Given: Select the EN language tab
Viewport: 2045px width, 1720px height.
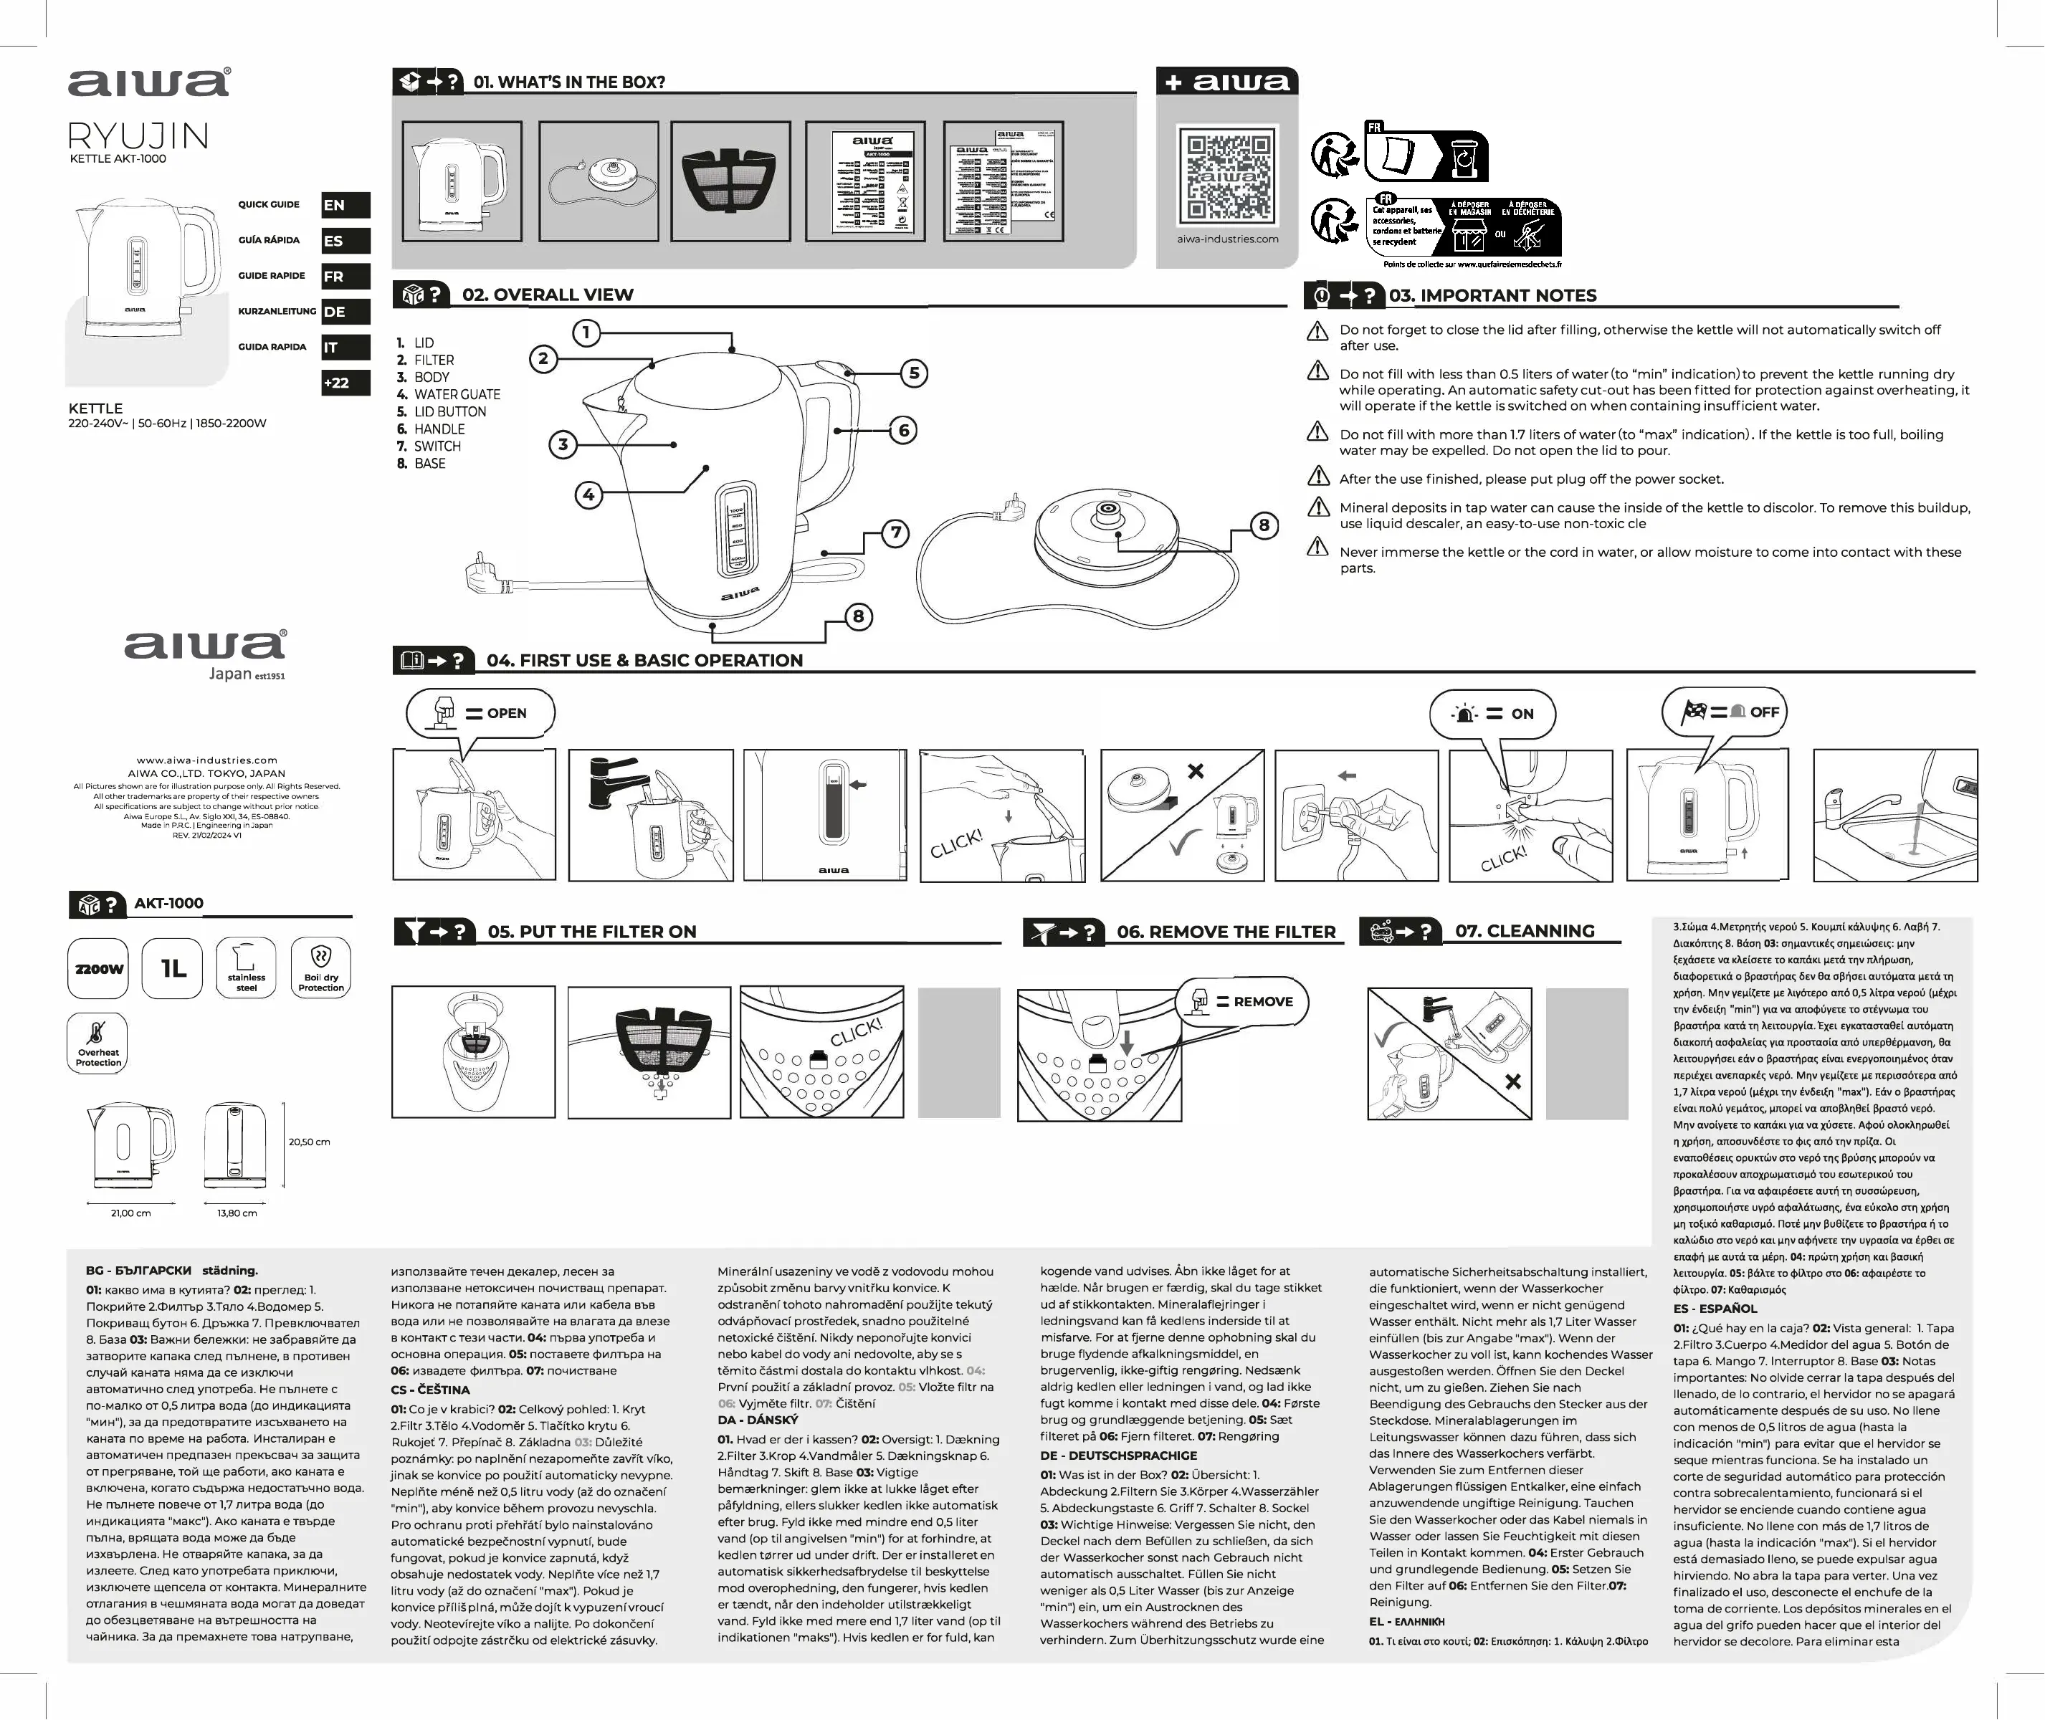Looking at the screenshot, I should tap(345, 205).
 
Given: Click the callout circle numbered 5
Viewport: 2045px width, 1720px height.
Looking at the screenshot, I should tap(914, 373).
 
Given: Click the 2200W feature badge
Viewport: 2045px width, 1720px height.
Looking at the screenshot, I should tap(98, 968).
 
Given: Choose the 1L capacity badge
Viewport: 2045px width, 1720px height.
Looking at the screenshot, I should tap(173, 968).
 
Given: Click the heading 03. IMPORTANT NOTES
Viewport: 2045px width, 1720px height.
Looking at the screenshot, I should tap(1492, 295).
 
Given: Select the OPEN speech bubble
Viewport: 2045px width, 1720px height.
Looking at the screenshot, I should tap(482, 714).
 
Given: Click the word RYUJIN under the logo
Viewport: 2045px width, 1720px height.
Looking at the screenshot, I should tap(138, 136).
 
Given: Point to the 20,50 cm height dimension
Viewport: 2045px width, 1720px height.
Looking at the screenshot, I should tap(309, 1142).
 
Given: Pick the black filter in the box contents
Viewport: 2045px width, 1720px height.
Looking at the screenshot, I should tap(730, 181).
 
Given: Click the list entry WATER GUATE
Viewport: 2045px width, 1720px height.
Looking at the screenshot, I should tap(457, 395).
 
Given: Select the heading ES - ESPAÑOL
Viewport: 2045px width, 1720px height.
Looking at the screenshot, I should tap(1715, 1309).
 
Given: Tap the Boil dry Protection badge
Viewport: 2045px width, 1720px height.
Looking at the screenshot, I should tap(321, 968).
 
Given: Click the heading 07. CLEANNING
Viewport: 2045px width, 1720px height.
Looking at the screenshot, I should tap(1524, 931).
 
